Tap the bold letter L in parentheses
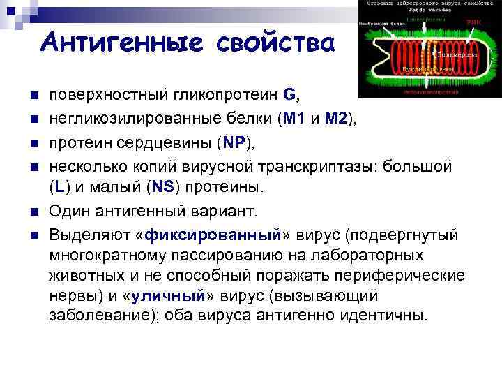[61, 187]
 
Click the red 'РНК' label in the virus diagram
[474, 22]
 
